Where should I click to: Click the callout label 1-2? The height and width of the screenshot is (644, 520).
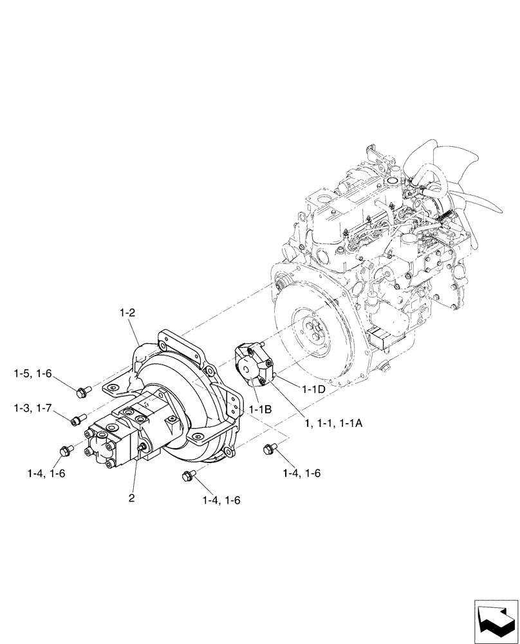click(x=127, y=314)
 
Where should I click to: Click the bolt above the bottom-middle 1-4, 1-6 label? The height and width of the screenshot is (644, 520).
click(x=188, y=476)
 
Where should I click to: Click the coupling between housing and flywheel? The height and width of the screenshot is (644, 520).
click(x=252, y=367)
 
